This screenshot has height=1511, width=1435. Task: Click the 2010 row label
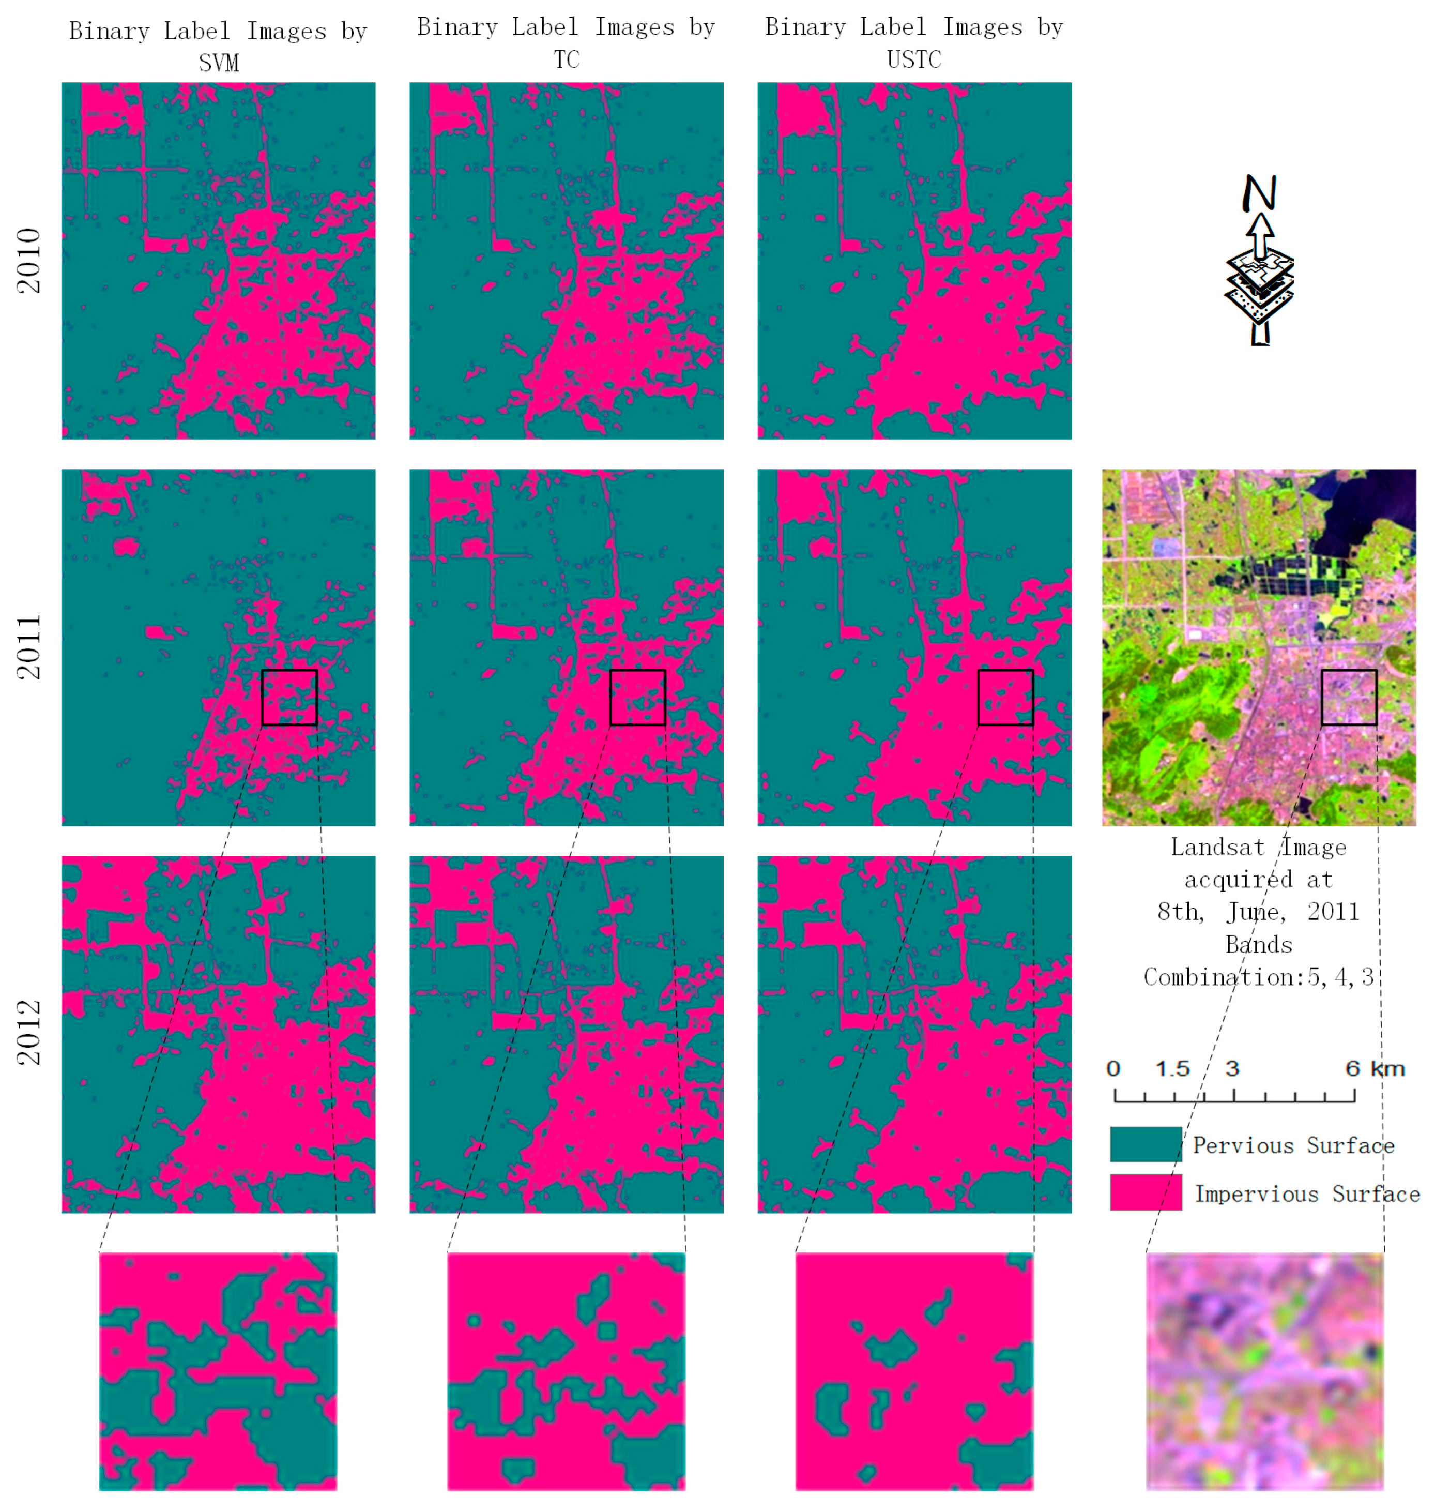29,260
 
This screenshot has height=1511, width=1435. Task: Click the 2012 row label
29,1033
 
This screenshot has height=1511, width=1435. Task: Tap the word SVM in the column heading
219,63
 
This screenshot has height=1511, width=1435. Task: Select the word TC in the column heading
566,59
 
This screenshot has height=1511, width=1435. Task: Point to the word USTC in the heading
914,59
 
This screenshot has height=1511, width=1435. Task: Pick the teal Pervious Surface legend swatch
1145,1144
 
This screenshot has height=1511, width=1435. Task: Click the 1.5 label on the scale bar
1172,1069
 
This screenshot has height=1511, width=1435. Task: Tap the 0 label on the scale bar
1113,1069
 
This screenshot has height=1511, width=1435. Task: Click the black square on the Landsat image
1349,697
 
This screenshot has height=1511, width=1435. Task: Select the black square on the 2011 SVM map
289,697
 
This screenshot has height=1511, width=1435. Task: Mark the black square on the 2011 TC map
637,697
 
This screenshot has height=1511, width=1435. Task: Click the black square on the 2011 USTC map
1005,697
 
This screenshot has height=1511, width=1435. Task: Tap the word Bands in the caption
1258,945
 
